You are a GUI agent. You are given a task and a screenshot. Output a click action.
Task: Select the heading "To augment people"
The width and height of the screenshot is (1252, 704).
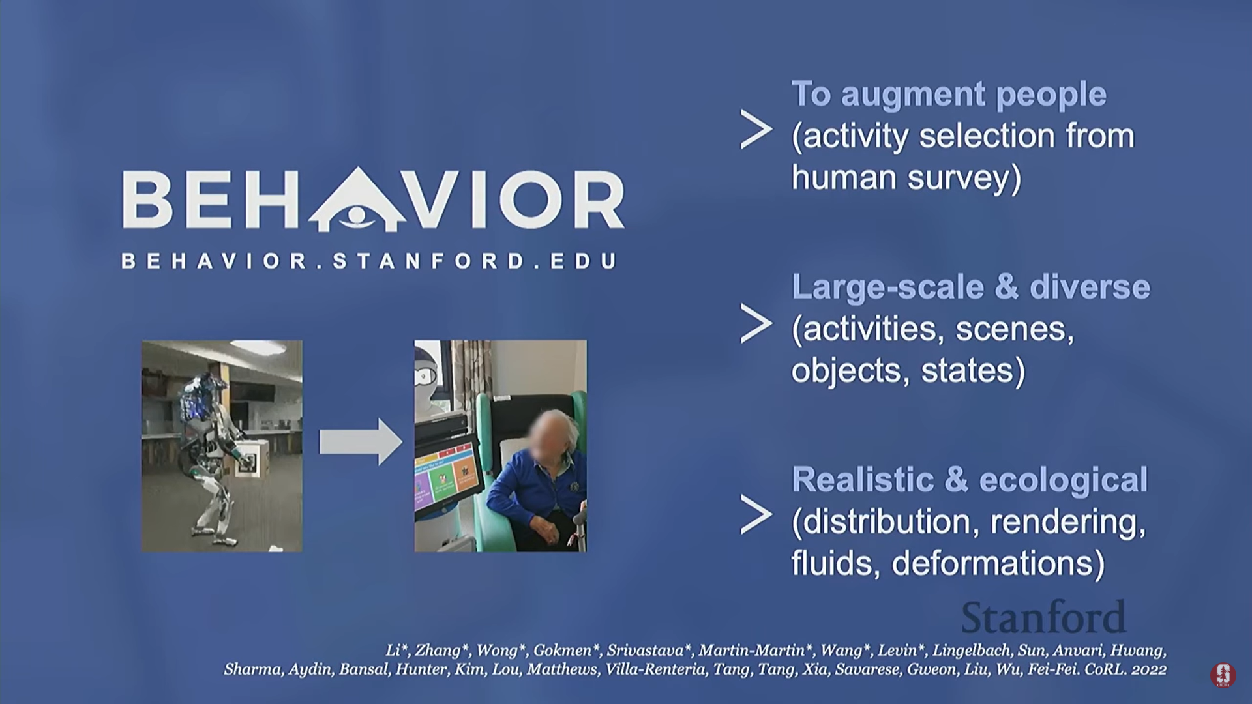click(949, 95)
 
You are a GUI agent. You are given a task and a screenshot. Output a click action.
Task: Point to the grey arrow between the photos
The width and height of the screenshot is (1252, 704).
click(361, 442)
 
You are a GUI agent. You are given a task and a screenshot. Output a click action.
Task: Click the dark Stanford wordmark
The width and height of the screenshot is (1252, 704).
click(1043, 617)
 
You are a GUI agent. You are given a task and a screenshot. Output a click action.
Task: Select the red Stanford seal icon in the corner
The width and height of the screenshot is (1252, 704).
click(1223, 675)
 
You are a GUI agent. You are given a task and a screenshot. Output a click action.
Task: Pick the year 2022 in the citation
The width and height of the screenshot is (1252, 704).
click(1149, 669)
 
